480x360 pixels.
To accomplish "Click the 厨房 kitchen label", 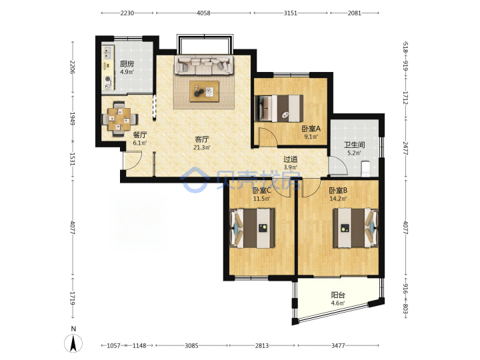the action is click(x=127, y=64).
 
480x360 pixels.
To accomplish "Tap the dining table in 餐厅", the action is click(x=119, y=119).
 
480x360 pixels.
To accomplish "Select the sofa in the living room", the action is click(x=204, y=65).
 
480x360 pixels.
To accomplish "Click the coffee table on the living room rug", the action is click(x=204, y=91).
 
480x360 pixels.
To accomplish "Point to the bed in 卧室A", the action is click(x=279, y=109).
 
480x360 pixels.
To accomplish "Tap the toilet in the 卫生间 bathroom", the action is click(x=365, y=169).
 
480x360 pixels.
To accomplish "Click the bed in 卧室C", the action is click(x=252, y=228).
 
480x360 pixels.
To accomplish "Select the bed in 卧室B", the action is click(x=356, y=228).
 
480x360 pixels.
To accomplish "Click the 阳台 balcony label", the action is click(x=338, y=295).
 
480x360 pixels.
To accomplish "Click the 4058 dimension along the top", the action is click(x=203, y=13).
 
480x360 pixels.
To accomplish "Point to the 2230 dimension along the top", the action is click(x=127, y=13).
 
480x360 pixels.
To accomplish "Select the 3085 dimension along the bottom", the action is click(x=191, y=345).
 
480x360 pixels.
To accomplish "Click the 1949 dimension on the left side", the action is click(x=73, y=119).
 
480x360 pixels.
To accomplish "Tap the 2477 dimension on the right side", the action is click(x=405, y=148).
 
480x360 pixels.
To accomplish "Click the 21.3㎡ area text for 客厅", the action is click(x=202, y=147).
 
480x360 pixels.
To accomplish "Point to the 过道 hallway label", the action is click(x=290, y=159).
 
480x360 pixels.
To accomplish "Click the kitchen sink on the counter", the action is click(x=107, y=53).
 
